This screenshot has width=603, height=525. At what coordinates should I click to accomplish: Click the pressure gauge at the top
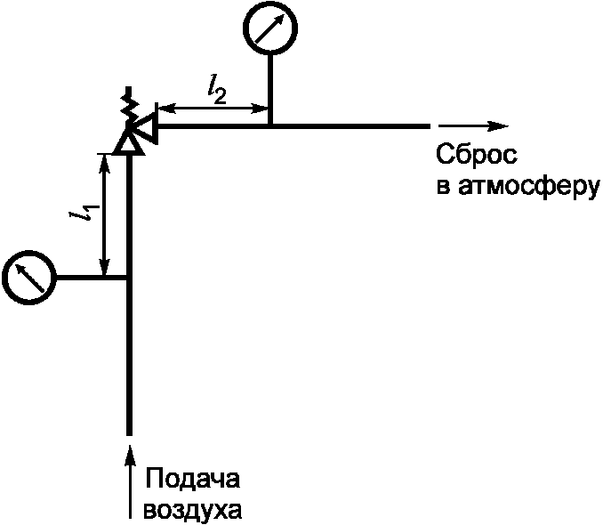(269, 29)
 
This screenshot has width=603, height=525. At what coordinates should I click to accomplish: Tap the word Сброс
(476, 156)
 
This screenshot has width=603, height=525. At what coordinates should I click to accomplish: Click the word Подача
(192, 480)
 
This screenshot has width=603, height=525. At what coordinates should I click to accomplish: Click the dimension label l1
(86, 214)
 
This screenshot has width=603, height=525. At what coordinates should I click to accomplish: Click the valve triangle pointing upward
(130, 140)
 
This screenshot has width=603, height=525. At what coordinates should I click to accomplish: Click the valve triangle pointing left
(148, 127)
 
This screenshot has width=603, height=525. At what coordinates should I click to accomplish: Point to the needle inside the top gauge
(269, 29)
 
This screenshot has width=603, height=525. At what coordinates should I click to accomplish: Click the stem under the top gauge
(269, 89)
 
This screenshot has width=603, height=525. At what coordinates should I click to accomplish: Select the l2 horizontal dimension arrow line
(213, 109)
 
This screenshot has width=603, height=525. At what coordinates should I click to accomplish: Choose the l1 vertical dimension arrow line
(106, 214)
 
